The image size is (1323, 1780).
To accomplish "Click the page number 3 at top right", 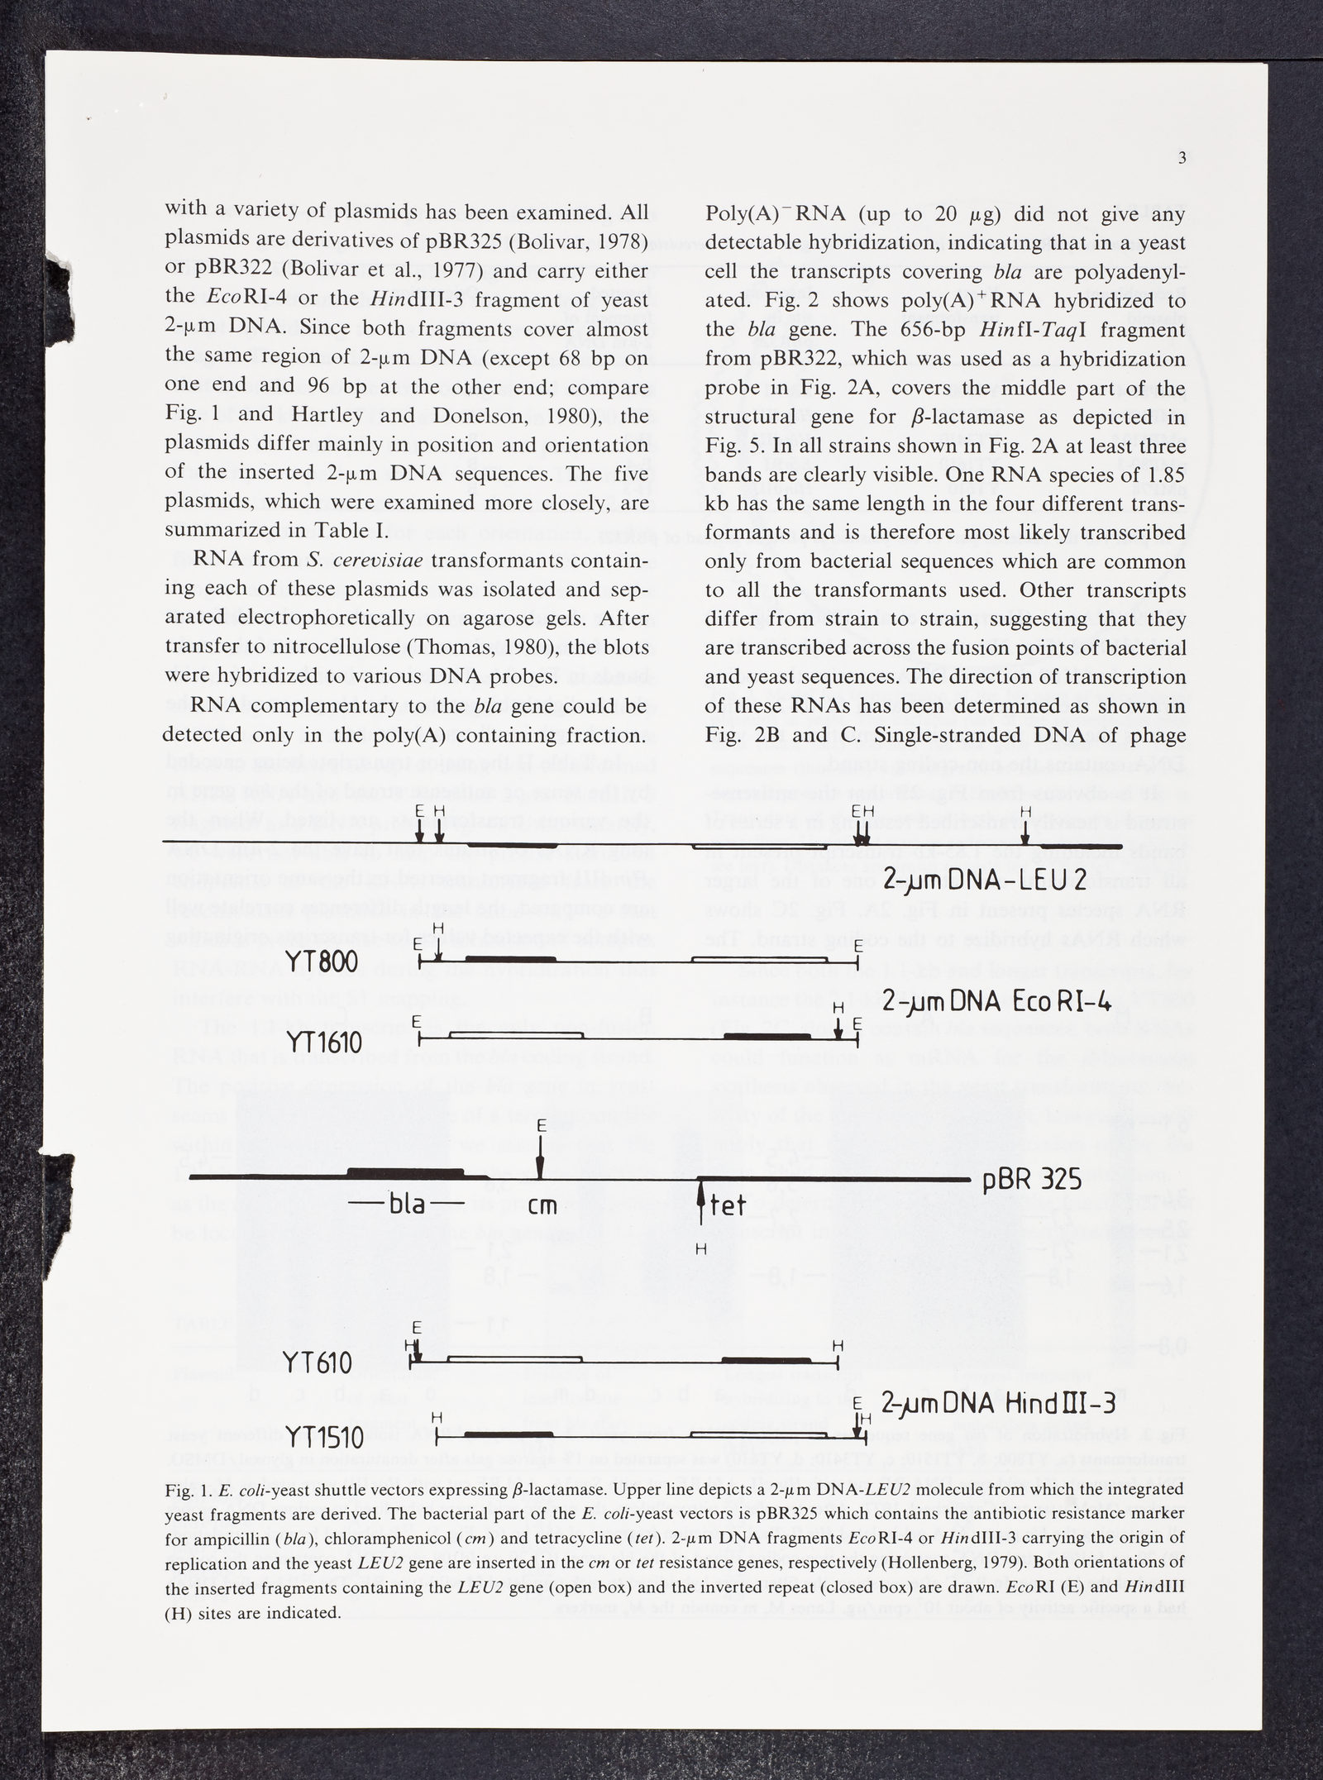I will (x=1182, y=160).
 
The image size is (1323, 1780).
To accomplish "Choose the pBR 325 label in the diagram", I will (x=1033, y=1180).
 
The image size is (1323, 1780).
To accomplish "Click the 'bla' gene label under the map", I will (x=407, y=1205).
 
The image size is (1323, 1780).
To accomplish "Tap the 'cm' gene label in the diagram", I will (x=542, y=1205).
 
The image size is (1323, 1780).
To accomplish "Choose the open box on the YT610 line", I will (x=514, y=1358).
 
